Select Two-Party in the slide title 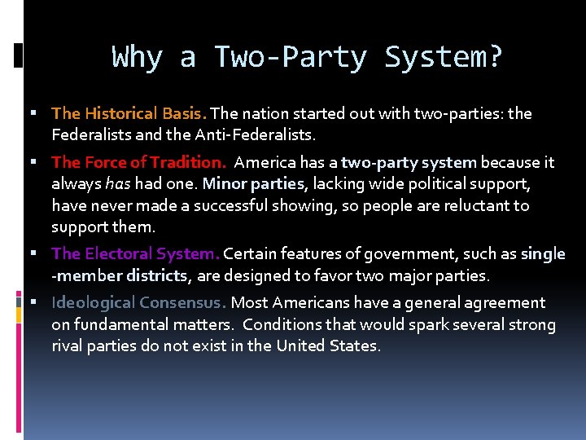pyautogui.click(x=290, y=58)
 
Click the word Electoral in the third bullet pyautogui.click(x=119, y=253)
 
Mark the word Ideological pyautogui.click(x=94, y=302)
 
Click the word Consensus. pyautogui.click(x=182, y=302)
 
